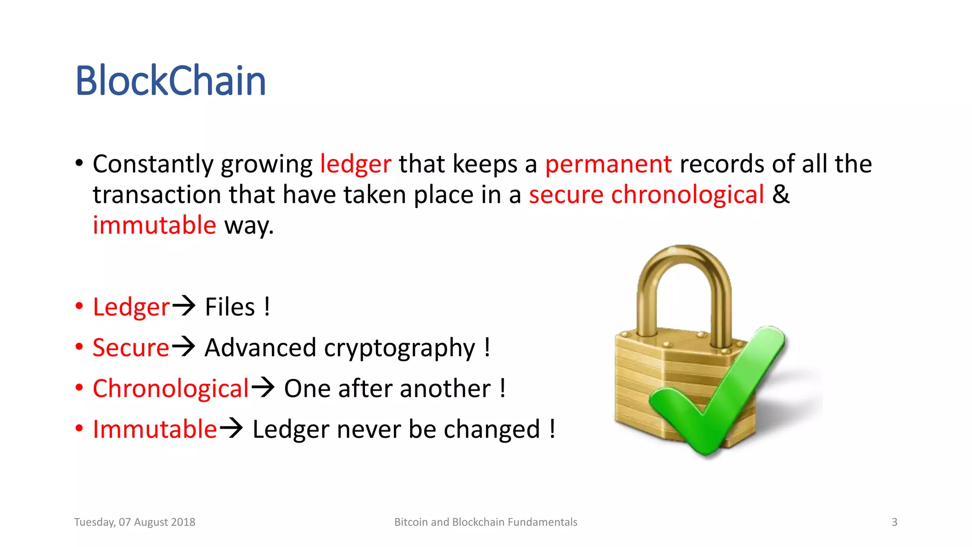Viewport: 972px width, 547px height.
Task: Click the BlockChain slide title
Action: pyautogui.click(x=170, y=81)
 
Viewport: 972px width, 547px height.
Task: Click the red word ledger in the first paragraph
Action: pyautogui.click(x=355, y=164)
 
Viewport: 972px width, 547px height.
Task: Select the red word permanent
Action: pyautogui.click(x=608, y=164)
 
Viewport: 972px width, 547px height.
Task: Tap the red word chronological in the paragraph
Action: pyautogui.click(x=687, y=195)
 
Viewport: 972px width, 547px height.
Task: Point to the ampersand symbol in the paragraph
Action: pyautogui.click(x=781, y=195)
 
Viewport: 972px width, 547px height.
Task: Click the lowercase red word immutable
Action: pyautogui.click(x=154, y=226)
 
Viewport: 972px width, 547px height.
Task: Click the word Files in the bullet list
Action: pyautogui.click(x=230, y=307)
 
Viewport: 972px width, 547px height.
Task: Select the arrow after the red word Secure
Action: pyautogui.click(x=183, y=346)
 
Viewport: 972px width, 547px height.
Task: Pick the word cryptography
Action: pyautogui.click(x=400, y=349)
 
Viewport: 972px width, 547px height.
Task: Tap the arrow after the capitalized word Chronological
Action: pyautogui.click(x=262, y=387)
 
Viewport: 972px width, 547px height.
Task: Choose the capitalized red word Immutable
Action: pyautogui.click(x=154, y=429)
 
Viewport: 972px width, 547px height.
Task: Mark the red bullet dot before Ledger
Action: pyautogui.click(x=79, y=306)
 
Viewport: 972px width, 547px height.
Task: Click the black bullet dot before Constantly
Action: pyautogui.click(x=79, y=163)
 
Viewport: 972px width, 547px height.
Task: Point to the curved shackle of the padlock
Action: pyautogui.click(x=683, y=275)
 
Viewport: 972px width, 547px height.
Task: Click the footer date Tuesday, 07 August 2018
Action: pyautogui.click(x=135, y=522)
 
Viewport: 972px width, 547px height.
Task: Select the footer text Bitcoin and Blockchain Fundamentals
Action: pyautogui.click(x=486, y=522)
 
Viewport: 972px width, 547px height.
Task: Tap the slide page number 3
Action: pyautogui.click(x=894, y=522)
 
